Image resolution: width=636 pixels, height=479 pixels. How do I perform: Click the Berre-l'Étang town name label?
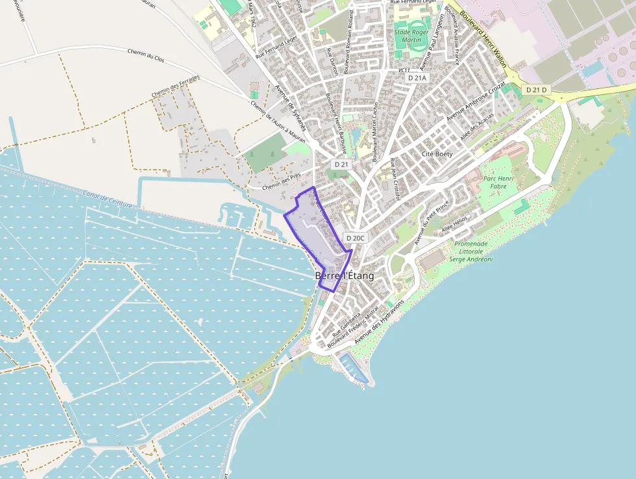[x=345, y=276]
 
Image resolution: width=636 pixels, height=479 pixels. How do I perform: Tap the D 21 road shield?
[x=341, y=164]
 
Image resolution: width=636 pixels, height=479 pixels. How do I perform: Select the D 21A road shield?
[x=417, y=77]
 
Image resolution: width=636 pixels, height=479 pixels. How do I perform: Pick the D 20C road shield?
[x=356, y=239]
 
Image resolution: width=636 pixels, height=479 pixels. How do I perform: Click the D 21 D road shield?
[x=537, y=89]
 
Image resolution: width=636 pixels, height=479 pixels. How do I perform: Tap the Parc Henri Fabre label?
[x=498, y=182]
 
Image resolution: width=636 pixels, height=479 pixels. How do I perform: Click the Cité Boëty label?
[x=437, y=154]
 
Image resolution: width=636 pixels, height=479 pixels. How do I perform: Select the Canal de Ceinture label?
[x=107, y=199]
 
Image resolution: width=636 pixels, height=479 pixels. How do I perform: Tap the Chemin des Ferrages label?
[x=175, y=87]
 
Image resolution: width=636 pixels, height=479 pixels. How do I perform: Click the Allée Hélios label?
[x=454, y=227]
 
